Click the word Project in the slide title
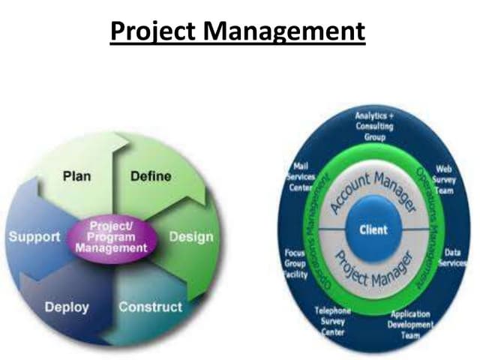point(149,32)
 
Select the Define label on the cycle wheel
point(150,178)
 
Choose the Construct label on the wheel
point(150,307)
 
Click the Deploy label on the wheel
point(67,307)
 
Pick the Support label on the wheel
point(34,237)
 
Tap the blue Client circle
point(373,229)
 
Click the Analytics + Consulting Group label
point(373,127)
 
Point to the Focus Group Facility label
point(295,264)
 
